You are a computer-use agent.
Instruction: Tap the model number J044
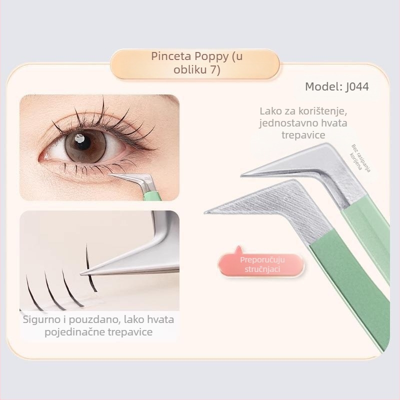(x=357, y=86)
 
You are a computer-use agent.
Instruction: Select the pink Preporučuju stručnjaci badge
(x=262, y=264)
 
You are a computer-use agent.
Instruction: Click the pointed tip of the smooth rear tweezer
(x=241, y=175)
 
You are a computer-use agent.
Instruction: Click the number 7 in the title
(x=214, y=70)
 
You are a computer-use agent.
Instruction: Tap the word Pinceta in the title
(x=171, y=56)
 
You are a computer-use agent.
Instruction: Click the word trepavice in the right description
(x=303, y=135)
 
